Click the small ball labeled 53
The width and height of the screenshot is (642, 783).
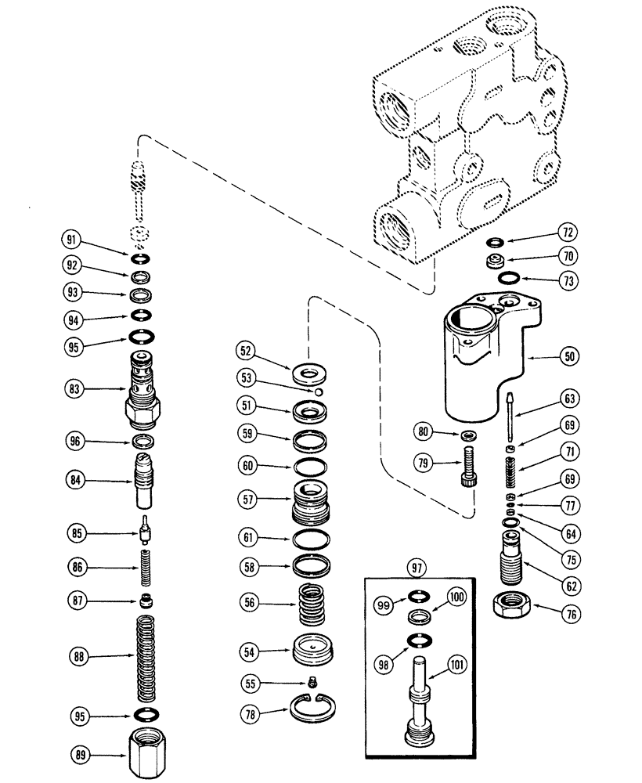point(320,391)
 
